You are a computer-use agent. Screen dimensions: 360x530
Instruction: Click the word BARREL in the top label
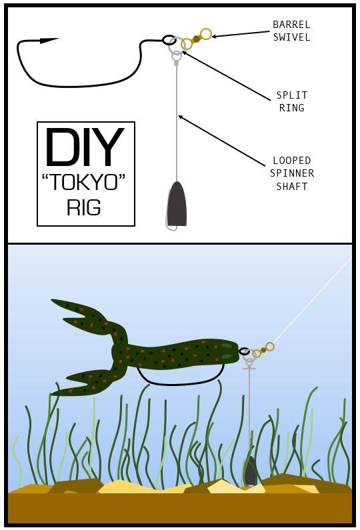[291, 25]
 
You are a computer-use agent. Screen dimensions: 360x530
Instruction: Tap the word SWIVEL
[291, 37]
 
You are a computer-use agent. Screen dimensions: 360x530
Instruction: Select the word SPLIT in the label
[292, 95]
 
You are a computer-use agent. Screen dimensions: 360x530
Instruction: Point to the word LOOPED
[292, 160]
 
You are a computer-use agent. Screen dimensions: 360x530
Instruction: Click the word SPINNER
[292, 173]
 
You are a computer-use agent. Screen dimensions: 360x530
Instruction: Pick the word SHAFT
[292, 186]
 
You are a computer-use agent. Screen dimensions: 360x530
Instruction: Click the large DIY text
[85, 147]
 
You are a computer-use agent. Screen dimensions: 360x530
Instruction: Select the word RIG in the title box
[84, 207]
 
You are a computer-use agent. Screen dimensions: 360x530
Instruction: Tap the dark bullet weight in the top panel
[177, 204]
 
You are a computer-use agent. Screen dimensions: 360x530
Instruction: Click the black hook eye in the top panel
[169, 40]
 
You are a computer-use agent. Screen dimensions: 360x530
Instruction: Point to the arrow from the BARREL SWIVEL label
[241, 35]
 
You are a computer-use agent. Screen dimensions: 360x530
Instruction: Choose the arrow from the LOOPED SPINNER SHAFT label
[222, 141]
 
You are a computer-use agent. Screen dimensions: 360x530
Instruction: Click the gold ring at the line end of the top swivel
[206, 34]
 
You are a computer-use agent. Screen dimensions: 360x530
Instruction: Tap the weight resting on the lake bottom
[251, 471]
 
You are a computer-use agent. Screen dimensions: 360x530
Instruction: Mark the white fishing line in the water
[312, 301]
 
